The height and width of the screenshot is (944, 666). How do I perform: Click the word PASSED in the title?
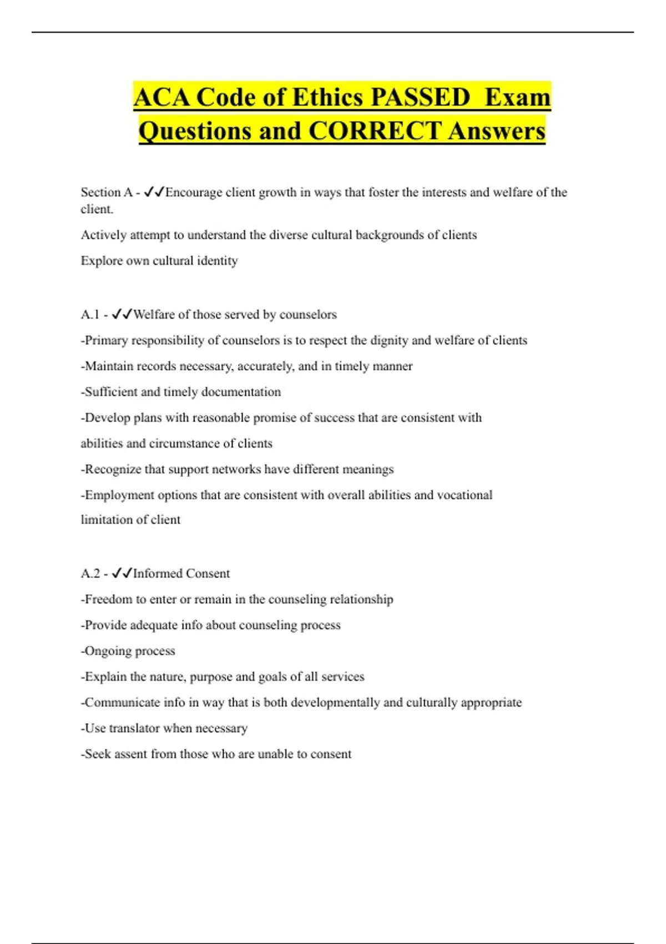coord(420,97)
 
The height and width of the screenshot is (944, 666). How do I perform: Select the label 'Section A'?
coord(106,192)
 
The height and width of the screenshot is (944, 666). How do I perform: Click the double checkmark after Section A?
coord(154,192)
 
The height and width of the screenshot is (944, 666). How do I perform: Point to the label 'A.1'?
coord(90,314)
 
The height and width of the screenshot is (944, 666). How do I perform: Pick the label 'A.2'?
coord(90,573)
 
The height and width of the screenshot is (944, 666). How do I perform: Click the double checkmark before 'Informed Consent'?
coord(122,573)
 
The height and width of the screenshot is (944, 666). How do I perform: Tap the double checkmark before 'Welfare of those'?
coord(122,314)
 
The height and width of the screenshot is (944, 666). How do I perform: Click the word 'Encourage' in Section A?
coord(194,192)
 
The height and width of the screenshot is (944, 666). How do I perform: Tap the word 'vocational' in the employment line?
coord(465,494)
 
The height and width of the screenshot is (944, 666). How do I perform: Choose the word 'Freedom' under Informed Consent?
coord(108,599)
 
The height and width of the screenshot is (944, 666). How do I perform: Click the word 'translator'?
coord(134,728)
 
